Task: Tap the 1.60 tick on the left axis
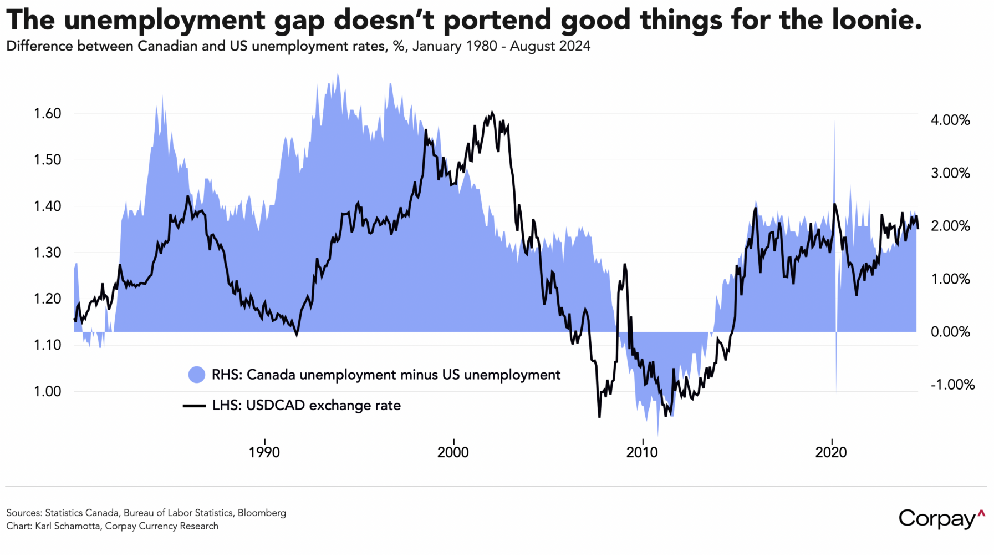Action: pos(47,114)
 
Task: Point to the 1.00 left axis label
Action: pos(47,391)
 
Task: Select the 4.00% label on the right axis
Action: pos(950,120)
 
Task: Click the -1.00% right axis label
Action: pos(952,385)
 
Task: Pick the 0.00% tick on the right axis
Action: pos(950,332)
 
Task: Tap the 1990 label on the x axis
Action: pos(264,452)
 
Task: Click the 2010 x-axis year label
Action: pos(642,452)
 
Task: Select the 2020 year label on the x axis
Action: pos(831,452)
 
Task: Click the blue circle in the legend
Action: pos(196,375)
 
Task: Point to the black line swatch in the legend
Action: pos(195,406)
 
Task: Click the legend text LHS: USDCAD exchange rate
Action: pos(306,406)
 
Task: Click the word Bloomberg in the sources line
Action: pos(262,513)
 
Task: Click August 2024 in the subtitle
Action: pos(550,46)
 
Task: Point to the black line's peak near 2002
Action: pos(492,113)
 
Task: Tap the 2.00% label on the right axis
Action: pos(950,226)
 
